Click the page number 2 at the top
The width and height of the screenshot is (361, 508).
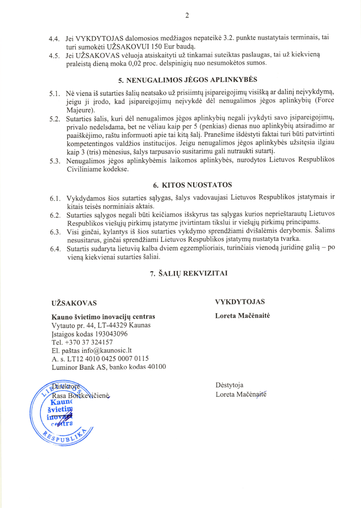186,16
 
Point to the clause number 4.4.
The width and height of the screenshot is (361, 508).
54,39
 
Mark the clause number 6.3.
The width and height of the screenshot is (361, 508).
55,232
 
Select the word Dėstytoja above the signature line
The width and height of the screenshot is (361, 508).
229,386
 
